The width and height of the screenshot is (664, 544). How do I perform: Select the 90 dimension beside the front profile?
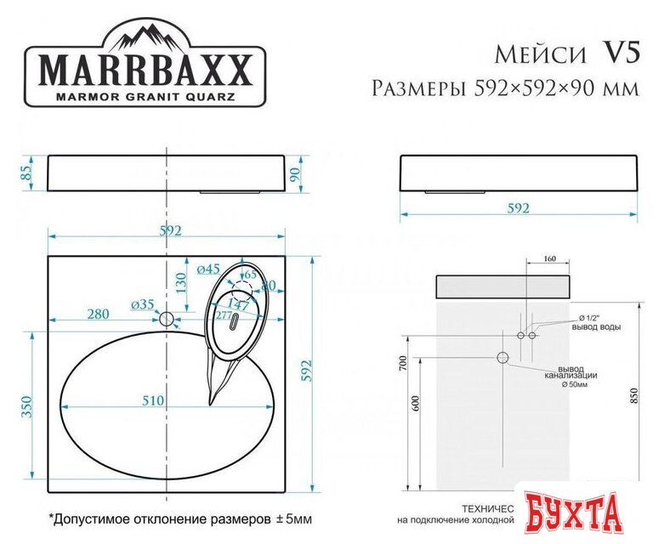point(295,174)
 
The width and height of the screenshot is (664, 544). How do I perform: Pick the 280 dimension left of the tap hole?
point(97,314)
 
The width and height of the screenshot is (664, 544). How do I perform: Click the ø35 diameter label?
point(142,303)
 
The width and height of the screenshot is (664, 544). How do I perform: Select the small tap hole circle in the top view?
point(167,320)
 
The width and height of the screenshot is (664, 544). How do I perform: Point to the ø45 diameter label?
point(208,269)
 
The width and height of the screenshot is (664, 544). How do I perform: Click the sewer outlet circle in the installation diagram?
point(502,359)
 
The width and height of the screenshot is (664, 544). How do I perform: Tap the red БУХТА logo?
point(588,513)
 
